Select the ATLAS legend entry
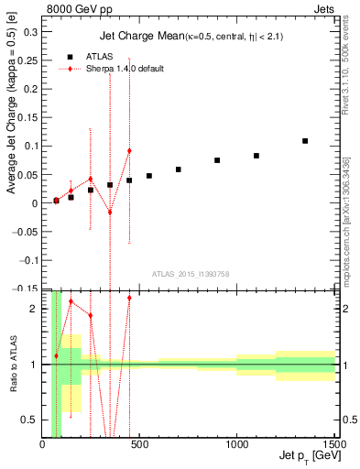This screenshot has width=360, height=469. [95, 56]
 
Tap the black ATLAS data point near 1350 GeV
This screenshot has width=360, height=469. [305, 141]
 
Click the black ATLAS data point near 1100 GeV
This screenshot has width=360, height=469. [256, 156]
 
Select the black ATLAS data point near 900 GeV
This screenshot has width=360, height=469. [217, 160]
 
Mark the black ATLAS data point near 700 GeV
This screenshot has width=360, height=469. [179, 169]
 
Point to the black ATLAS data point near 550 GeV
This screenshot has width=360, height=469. [149, 176]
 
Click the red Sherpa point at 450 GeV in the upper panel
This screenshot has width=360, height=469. [129, 150]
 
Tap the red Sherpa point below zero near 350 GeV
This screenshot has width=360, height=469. [110, 213]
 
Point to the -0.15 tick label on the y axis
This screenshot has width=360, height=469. [27, 289]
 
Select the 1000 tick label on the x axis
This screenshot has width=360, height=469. [236, 443]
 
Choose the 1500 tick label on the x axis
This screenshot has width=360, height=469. [333, 443]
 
